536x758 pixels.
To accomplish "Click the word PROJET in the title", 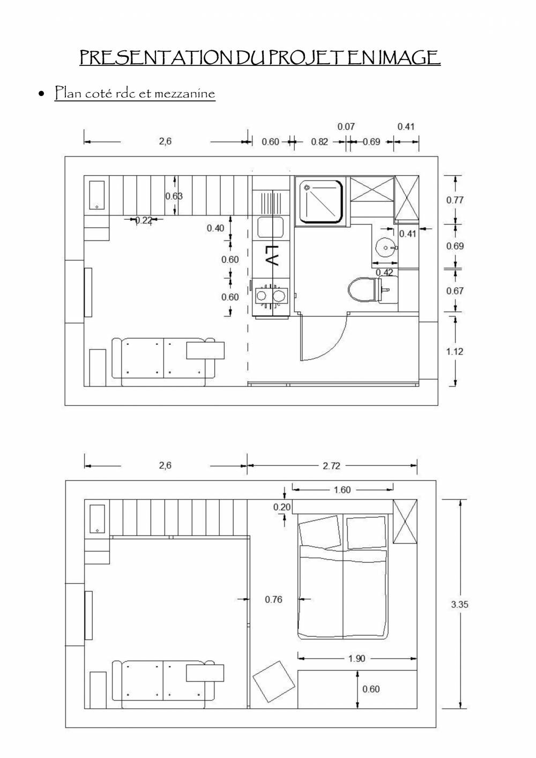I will click(303, 57).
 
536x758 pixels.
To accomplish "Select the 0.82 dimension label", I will click(319, 142).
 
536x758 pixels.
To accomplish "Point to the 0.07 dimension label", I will click(346, 127).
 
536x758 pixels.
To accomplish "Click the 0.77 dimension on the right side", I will click(455, 200).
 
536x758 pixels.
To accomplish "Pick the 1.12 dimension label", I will click(455, 352).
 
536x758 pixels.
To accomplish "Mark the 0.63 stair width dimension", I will click(174, 196).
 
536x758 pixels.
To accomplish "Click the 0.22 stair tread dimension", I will click(143, 220).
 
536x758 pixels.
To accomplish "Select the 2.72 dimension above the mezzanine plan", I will click(331, 466).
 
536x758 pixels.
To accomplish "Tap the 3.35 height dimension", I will click(459, 604).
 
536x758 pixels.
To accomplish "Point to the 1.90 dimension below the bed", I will click(356, 658).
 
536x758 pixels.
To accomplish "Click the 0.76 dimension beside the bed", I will click(273, 599).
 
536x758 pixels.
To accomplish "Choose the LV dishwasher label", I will click(272, 256).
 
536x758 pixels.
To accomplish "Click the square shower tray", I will click(321, 201).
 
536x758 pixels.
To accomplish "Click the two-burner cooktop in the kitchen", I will click(270, 295).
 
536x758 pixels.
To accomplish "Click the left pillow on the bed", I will click(320, 532).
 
